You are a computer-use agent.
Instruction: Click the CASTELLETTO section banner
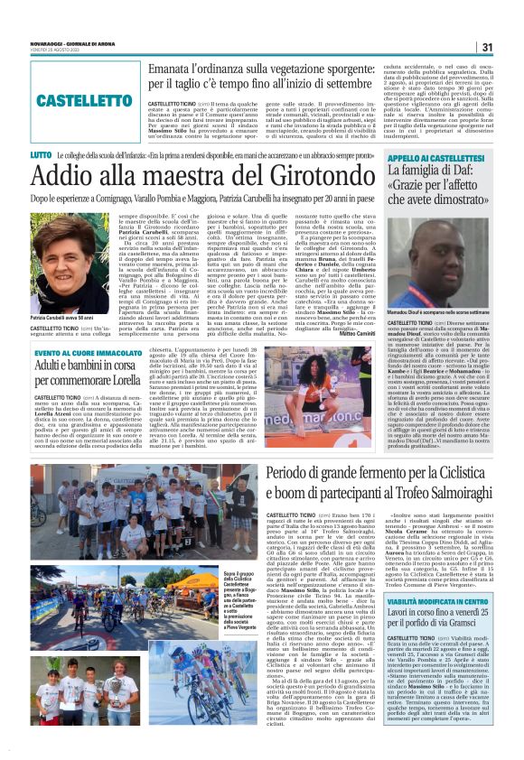pos(86,99)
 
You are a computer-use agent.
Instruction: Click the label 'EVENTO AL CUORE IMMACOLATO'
pos(89,353)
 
